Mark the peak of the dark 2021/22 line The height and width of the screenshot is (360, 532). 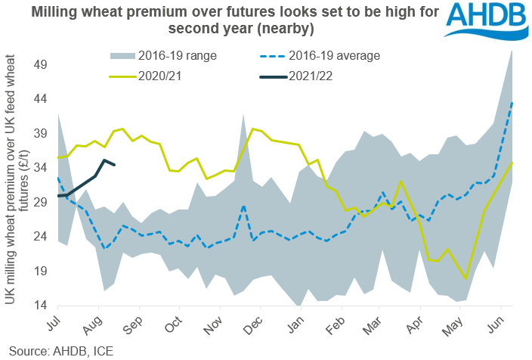point(105,160)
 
